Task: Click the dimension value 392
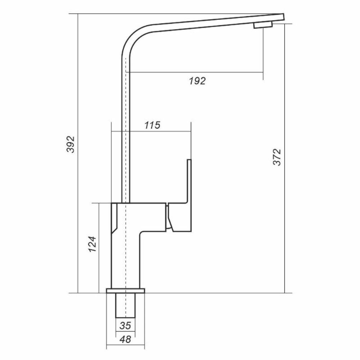(x=71, y=144)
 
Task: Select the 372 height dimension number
(x=277, y=157)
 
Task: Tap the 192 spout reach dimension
(x=197, y=81)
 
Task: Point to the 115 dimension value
(x=152, y=125)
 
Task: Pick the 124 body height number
(x=93, y=244)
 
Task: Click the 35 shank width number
(x=125, y=325)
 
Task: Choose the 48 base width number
(x=125, y=339)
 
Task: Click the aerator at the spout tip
(x=263, y=25)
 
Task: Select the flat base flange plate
(x=126, y=291)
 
